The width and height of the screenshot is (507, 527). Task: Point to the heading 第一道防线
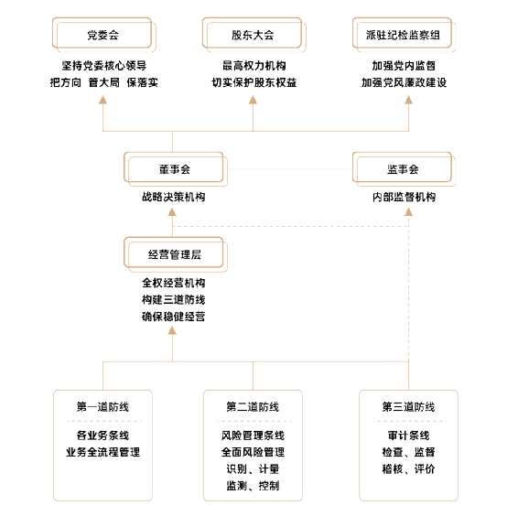click(x=102, y=406)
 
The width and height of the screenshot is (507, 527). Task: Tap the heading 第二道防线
click(x=253, y=406)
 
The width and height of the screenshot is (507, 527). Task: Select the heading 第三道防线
click(x=408, y=406)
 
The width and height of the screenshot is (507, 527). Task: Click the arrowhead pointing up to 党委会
click(x=102, y=100)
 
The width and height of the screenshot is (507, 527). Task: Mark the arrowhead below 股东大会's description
click(x=253, y=100)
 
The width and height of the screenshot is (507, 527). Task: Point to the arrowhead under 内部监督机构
click(x=408, y=211)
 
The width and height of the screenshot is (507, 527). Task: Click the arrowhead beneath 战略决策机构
click(x=172, y=211)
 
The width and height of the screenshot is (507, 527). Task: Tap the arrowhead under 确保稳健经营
click(x=172, y=331)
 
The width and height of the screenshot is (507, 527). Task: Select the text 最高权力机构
click(x=253, y=66)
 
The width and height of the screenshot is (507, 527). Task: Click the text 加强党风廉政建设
click(x=404, y=82)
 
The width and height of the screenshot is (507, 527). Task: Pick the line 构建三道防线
click(x=174, y=299)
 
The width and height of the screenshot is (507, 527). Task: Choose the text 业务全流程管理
click(x=102, y=452)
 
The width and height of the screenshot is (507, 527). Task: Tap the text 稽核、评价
click(x=408, y=468)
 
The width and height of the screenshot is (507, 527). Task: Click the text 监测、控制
click(x=253, y=486)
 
